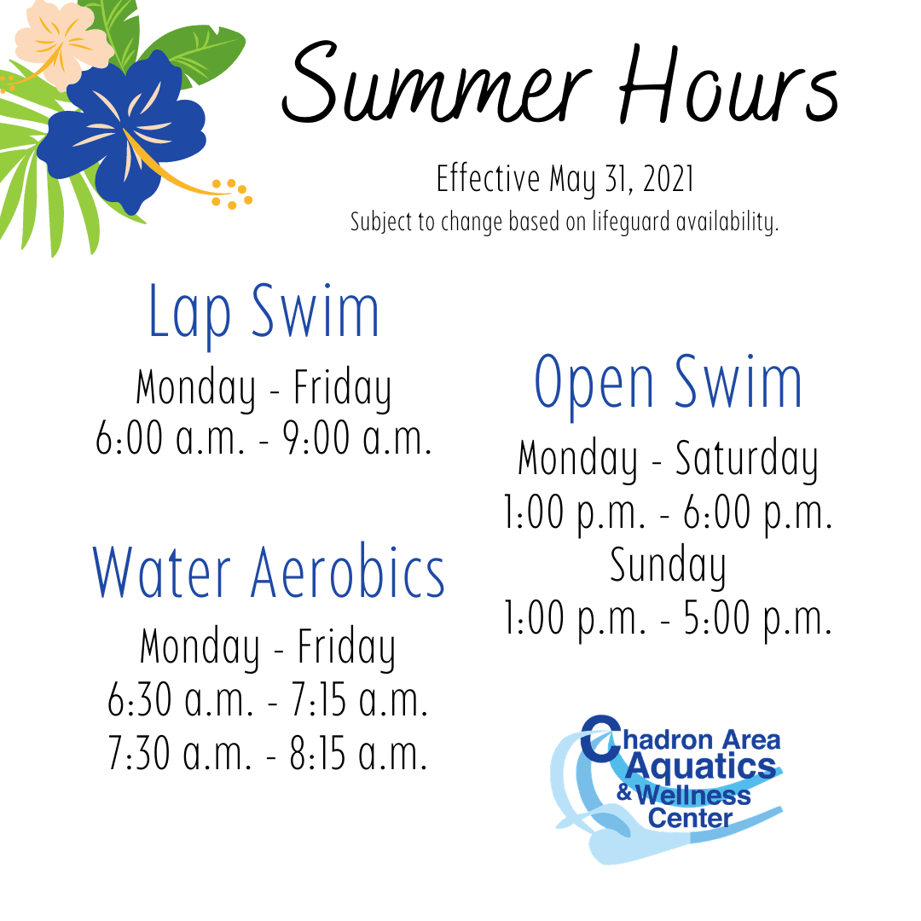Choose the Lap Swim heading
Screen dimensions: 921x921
(264, 313)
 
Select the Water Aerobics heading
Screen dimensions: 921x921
(269, 572)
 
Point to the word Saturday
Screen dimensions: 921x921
(746, 460)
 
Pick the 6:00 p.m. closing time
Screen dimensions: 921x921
(758, 514)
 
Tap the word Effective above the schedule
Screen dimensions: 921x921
(488, 180)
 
